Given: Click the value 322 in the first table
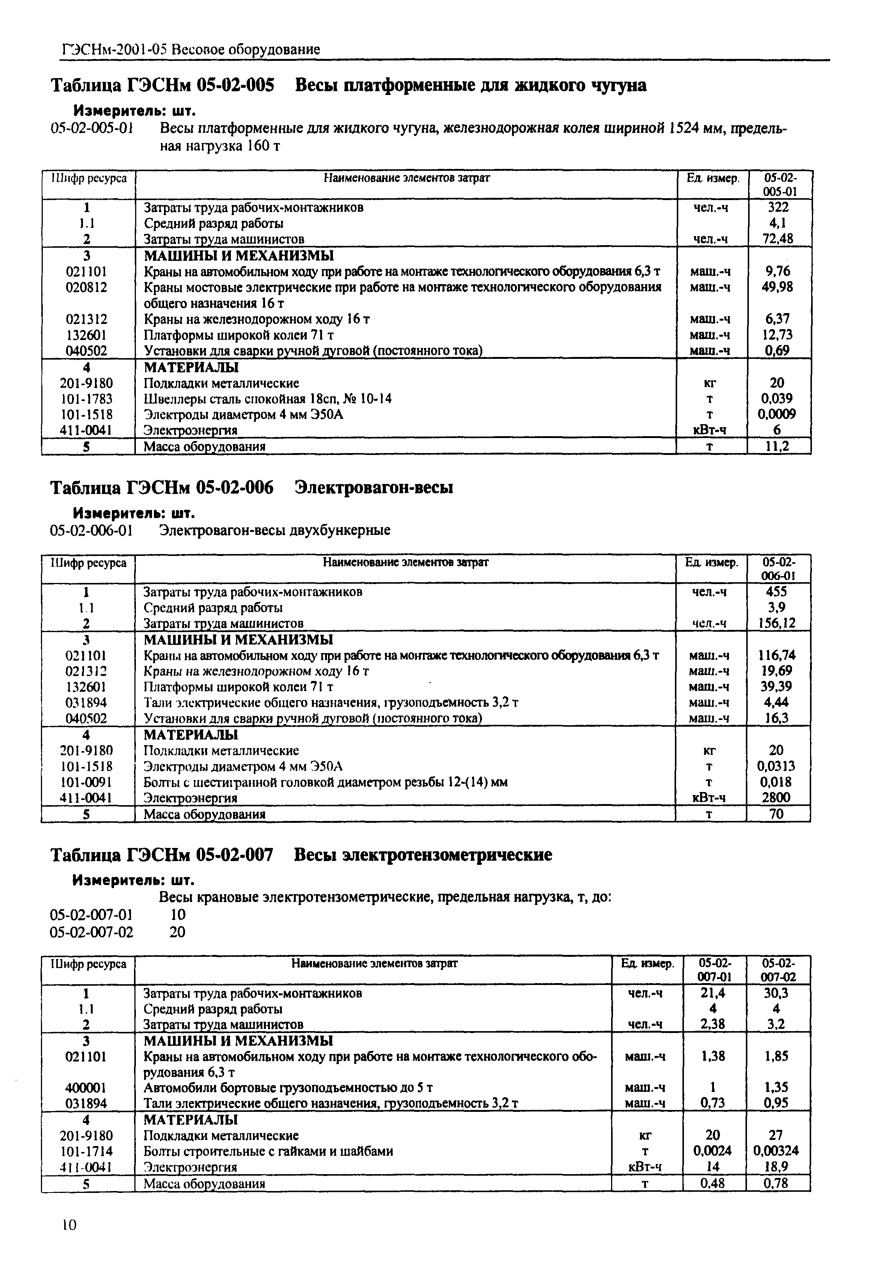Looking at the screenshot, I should (x=777, y=207).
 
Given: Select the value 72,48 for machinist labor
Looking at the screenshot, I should (x=777, y=239).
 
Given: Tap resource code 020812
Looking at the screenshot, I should (x=87, y=287).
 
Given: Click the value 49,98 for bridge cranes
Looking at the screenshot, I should (x=777, y=287).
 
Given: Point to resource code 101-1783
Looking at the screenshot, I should (x=87, y=399).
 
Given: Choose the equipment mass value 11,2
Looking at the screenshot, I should (x=777, y=446).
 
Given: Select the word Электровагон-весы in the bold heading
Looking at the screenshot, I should (x=374, y=488).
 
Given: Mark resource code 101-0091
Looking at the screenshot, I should (x=87, y=783).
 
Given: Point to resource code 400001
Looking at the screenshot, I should (x=87, y=1087).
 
